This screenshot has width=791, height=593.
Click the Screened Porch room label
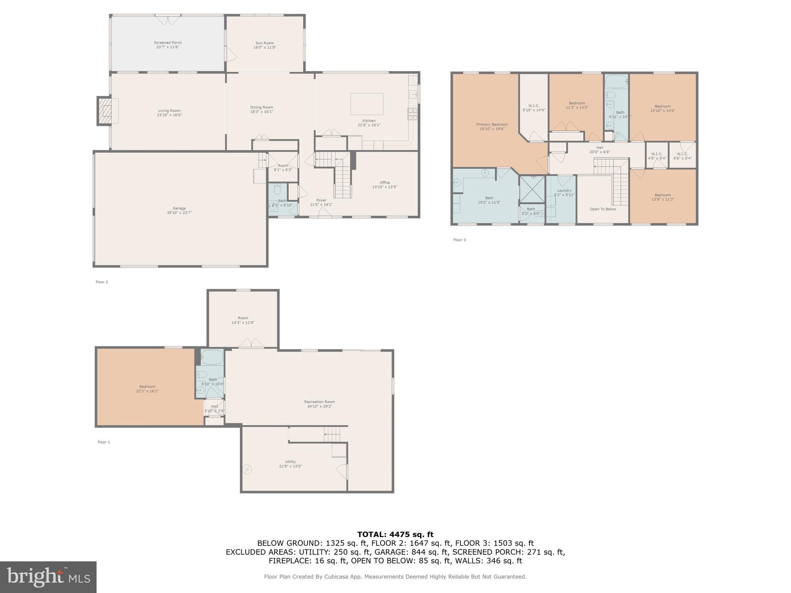coord(168,43)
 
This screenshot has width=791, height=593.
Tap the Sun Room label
coord(265,43)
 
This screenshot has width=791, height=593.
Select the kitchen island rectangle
coord(367,104)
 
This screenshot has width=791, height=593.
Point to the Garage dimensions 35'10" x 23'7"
coord(179,213)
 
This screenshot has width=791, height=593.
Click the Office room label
coord(384,183)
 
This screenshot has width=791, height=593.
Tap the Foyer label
coord(321,200)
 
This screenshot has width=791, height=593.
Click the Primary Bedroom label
coord(492,125)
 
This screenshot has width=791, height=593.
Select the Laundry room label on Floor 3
coord(564,190)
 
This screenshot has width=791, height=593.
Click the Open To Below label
coord(603,209)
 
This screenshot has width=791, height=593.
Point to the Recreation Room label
coord(319,402)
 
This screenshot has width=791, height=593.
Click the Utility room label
coord(290,462)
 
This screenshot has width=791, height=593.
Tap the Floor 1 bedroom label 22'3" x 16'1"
coord(147,389)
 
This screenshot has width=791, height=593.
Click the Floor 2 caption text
coord(102,282)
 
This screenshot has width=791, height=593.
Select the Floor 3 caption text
coord(459,240)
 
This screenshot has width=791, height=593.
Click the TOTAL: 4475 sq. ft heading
coord(395,535)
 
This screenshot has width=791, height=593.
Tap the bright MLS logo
coord(48,577)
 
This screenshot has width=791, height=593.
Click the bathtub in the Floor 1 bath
coord(212,357)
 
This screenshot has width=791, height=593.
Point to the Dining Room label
coord(261,107)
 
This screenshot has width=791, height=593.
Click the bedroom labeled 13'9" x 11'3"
coord(662,197)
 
